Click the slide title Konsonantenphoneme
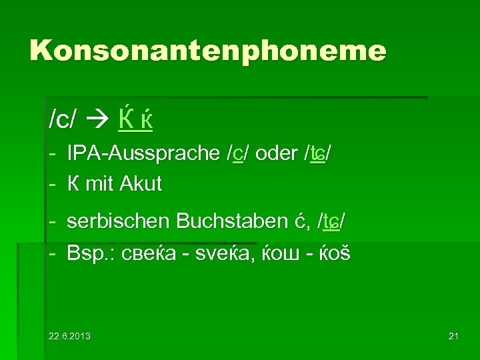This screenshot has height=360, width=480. tap(208, 50)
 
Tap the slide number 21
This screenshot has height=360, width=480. tap(453, 335)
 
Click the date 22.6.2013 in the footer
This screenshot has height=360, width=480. tap(69, 335)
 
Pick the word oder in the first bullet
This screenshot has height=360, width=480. tap(276, 154)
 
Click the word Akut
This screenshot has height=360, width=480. tap(141, 184)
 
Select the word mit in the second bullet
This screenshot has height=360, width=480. tap(100, 184)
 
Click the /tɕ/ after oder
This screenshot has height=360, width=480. tap(318, 154)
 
